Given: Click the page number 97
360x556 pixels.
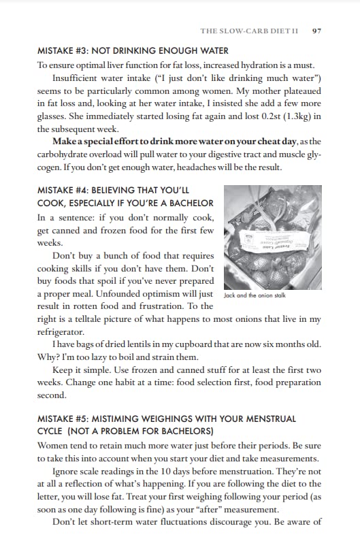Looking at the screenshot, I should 316,31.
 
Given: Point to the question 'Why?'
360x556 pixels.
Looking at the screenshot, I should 48,357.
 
